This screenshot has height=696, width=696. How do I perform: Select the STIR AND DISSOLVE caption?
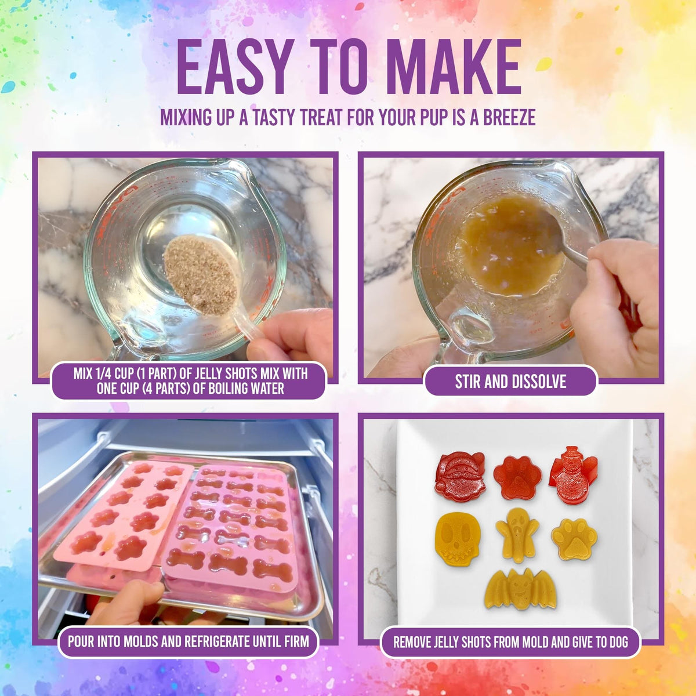[510, 381]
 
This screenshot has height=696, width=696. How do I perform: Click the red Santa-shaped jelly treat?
[459, 477]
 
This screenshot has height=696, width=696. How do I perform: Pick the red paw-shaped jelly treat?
[517, 477]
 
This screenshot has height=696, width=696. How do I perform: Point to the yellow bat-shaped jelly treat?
[520, 589]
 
